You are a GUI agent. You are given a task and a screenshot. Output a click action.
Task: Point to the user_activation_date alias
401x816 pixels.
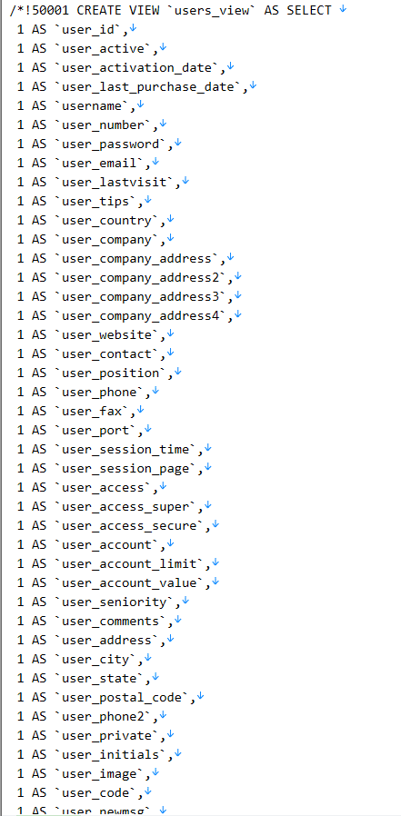tap(136, 68)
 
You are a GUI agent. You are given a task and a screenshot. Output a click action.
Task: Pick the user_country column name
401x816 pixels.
tap(106, 221)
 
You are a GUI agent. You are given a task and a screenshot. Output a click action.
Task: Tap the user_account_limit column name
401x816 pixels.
tap(129, 564)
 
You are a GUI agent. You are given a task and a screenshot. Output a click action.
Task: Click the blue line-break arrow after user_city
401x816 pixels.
tap(148, 658)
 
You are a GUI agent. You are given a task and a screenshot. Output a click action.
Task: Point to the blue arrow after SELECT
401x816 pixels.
tap(343, 9)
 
